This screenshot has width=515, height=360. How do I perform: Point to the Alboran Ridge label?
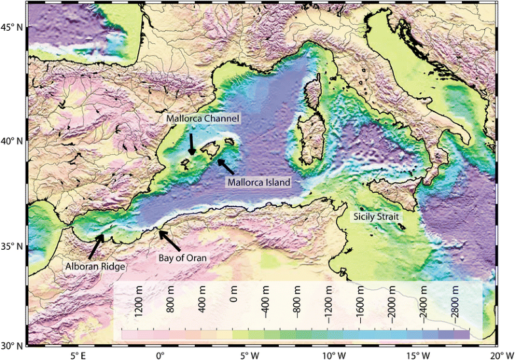point(96,267)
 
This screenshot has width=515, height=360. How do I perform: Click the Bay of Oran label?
point(182,258)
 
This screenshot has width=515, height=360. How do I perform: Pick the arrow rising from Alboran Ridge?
point(96,247)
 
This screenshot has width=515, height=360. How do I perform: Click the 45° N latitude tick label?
point(12,28)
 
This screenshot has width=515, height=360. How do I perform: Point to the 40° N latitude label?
point(12,141)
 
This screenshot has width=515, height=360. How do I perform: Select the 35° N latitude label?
point(12,247)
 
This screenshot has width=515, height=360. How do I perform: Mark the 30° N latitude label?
point(12,345)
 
